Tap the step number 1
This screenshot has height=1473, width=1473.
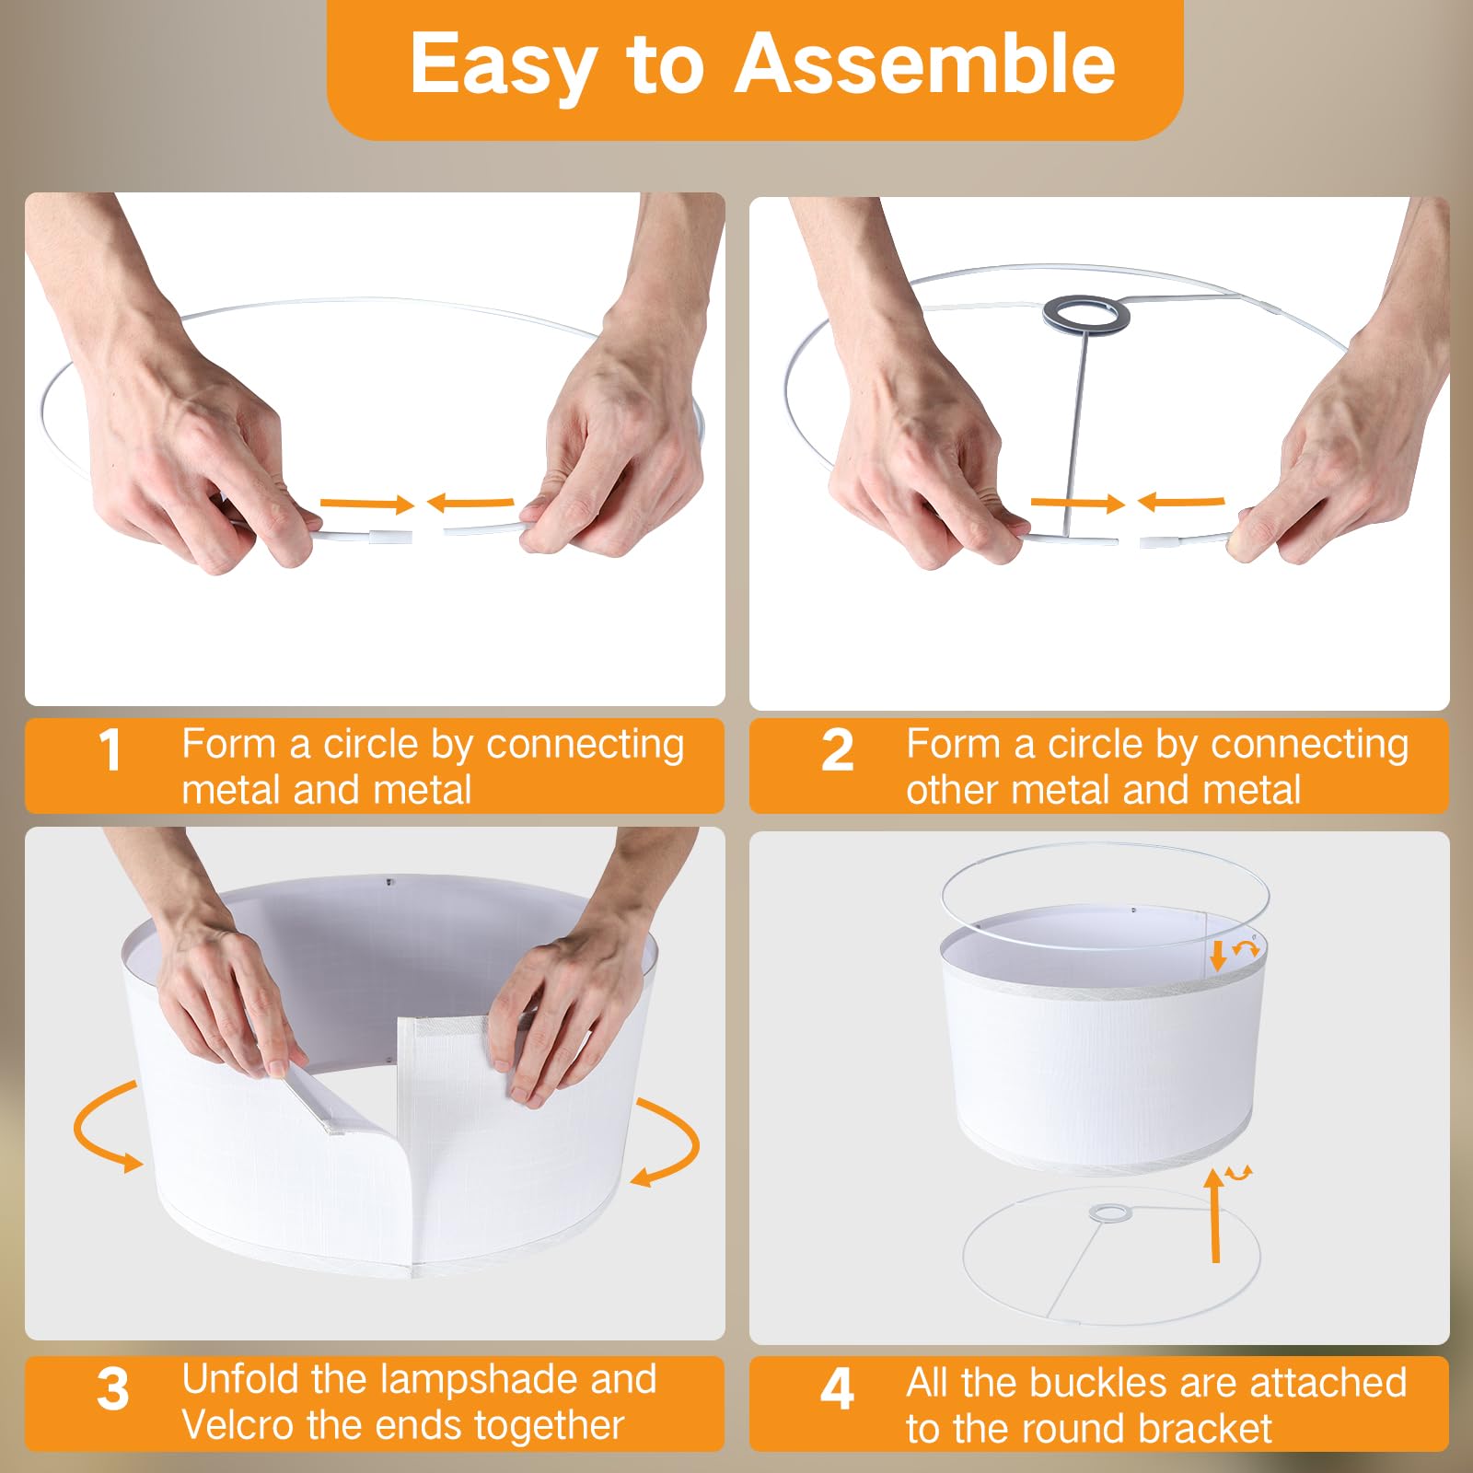110,750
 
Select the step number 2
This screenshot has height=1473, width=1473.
837,750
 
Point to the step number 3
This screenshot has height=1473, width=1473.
112,1389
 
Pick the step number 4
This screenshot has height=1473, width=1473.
837,1389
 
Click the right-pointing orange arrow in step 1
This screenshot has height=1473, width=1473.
367,504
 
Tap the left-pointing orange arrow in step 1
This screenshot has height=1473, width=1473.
470,503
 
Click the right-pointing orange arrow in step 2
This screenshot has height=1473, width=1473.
1077,503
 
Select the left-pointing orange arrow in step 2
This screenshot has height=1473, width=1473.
1181,502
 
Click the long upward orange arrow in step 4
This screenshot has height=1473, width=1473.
1215,1214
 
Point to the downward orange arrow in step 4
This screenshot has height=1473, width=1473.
1218,956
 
